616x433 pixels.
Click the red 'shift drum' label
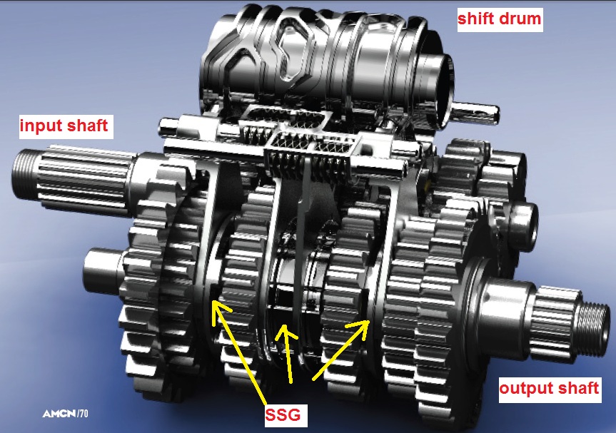pyautogui.click(x=500, y=19)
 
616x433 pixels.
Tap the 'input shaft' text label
pyautogui.click(x=64, y=126)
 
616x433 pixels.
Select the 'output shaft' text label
pyautogui.click(x=549, y=388)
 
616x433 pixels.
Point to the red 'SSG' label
pyautogui.click(x=283, y=415)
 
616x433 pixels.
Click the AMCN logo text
pyautogui.click(x=59, y=413)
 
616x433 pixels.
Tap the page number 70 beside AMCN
pyautogui.click(x=84, y=413)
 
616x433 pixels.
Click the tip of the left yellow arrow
pyautogui.click(x=212, y=300)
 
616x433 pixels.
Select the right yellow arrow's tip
pyautogui.click(x=369, y=321)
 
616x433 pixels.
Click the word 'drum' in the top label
pyautogui.click(x=521, y=19)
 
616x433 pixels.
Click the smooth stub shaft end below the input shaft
pyautogui.click(x=101, y=271)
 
